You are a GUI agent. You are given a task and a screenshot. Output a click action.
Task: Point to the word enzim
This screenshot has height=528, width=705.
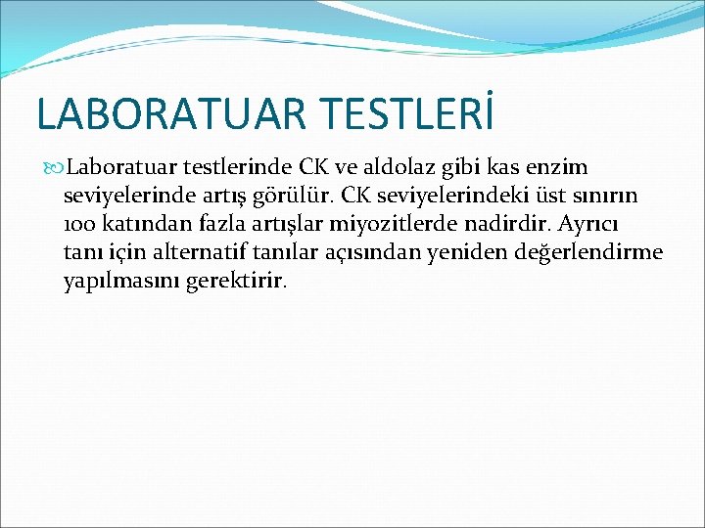559,167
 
